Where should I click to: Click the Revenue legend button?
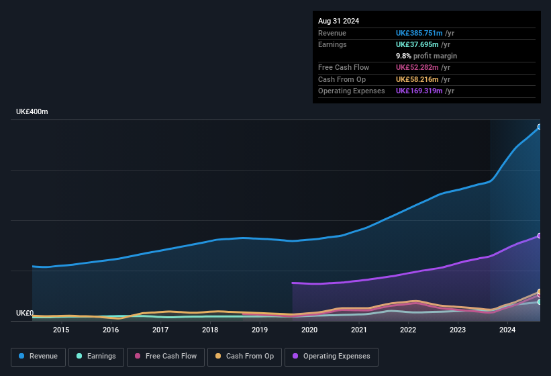point(38,357)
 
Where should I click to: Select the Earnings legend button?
point(96,357)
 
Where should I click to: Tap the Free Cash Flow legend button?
point(166,357)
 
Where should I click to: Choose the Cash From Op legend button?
point(244,357)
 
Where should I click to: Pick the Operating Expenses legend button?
point(332,357)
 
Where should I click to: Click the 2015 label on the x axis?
point(61,330)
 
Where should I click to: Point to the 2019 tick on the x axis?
point(260,330)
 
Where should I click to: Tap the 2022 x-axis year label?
point(408,330)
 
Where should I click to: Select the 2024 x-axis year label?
point(507,330)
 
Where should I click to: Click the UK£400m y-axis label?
point(32,111)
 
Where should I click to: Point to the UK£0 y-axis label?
point(25,313)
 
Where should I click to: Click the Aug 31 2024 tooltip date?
point(338,21)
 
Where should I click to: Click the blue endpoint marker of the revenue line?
point(540,127)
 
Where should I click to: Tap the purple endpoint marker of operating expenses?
point(540,236)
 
